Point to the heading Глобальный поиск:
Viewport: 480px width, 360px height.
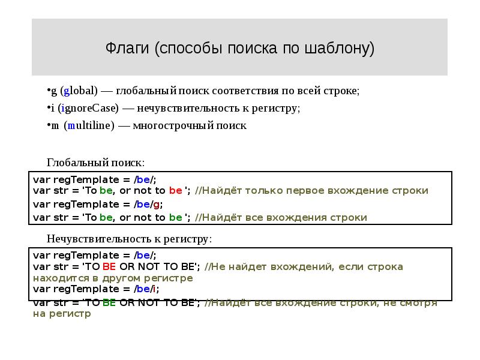[x=96, y=163]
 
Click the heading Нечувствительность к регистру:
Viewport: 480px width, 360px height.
[x=129, y=239]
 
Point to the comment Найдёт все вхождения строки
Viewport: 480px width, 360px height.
[x=285, y=217]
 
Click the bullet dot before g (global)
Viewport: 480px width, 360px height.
[x=49, y=90]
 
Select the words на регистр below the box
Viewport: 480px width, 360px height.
[x=62, y=313]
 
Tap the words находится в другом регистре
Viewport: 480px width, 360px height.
[x=113, y=278]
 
